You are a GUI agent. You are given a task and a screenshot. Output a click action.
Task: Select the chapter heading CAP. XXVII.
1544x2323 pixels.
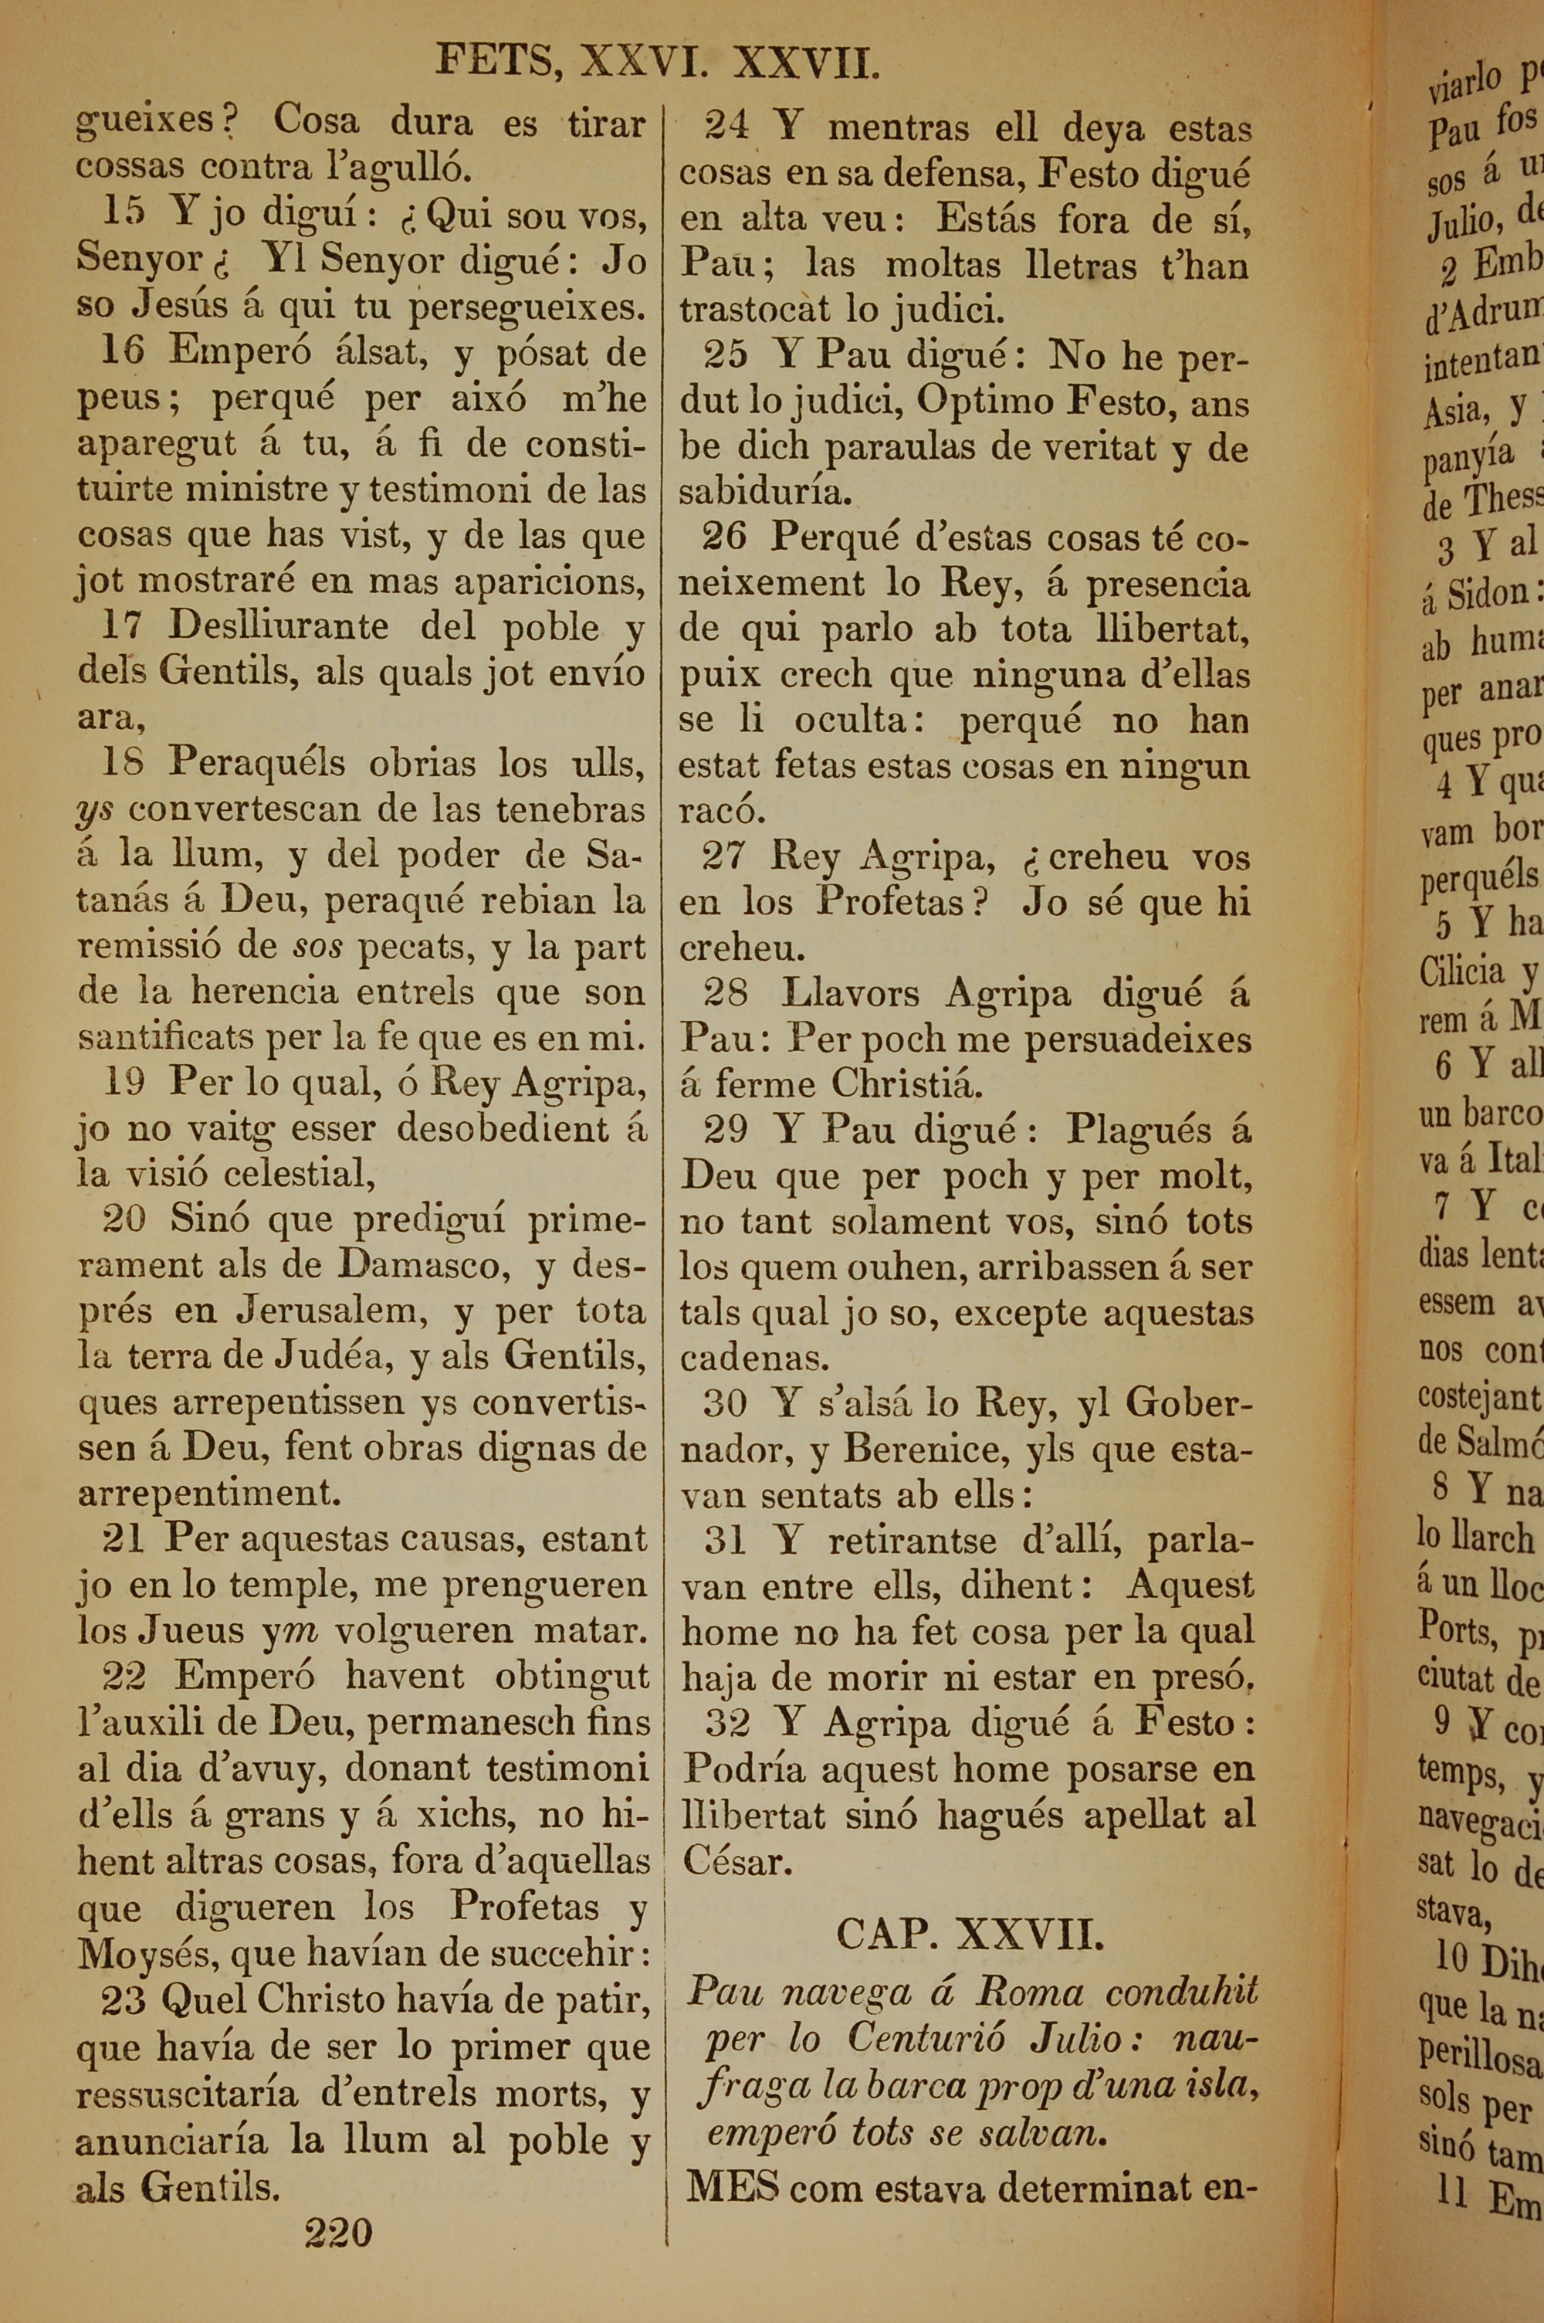tap(969, 1935)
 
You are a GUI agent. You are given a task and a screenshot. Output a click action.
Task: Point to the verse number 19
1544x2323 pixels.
tap(125, 1081)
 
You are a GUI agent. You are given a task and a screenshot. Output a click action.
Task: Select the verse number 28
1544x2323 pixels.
tap(726, 992)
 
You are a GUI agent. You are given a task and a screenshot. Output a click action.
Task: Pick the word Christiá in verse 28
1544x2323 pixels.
tap(907, 1084)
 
